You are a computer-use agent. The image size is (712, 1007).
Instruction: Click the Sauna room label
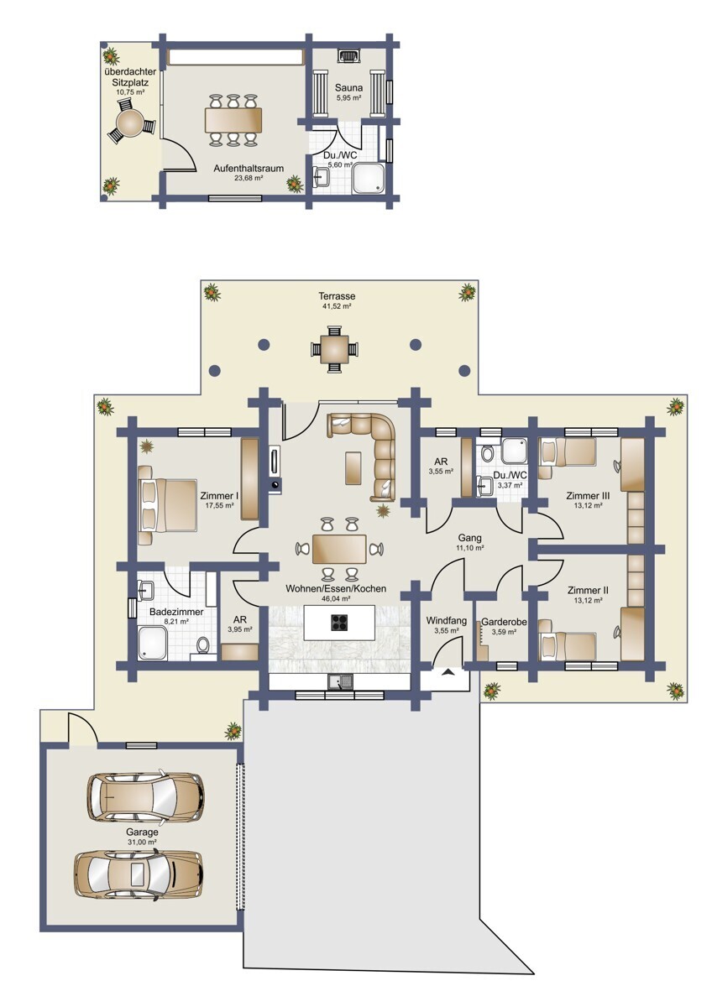pos(348,88)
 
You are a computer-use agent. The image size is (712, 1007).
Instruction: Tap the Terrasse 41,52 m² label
pos(337,300)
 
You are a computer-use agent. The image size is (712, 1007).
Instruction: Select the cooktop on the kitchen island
pos(339,623)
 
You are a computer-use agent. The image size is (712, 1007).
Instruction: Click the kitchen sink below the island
pos(341,682)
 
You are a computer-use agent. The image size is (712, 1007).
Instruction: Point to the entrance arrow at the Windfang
pos(448,672)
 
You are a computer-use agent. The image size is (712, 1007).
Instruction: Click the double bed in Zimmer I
pos(167,505)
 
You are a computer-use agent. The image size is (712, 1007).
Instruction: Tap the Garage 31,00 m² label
pos(142,837)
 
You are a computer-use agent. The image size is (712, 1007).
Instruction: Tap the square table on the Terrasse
pos(335,349)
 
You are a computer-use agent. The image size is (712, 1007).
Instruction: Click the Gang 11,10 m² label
pos(470,542)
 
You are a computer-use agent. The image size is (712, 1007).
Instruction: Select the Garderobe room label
pos(504,622)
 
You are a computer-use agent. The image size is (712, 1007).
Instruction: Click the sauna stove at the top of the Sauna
pos(348,56)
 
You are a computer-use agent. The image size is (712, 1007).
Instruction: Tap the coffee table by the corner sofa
pos(353,468)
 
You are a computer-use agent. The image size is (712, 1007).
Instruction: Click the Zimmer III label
pos(588,496)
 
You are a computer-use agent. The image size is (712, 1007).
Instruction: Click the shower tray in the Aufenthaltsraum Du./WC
pos(369,179)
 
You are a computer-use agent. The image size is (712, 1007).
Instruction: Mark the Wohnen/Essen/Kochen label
pos(336,588)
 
